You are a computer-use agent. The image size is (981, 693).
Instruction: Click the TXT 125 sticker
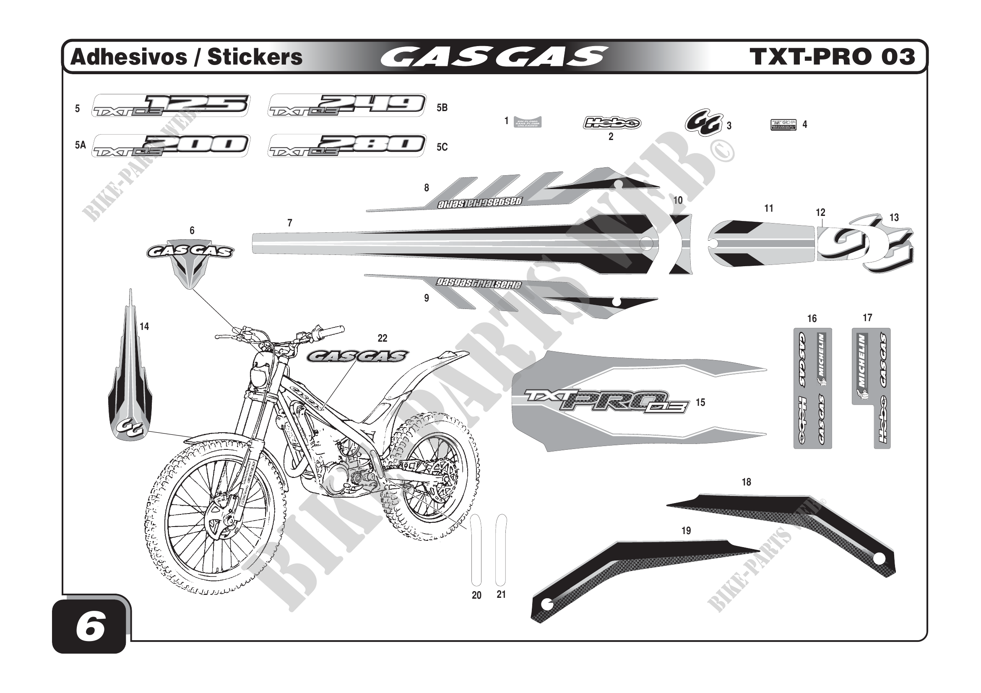(x=171, y=105)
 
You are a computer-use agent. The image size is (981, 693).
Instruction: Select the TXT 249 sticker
(x=347, y=105)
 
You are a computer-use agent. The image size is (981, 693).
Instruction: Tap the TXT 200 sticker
(x=171, y=145)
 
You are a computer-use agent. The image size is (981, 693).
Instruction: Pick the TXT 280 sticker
(x=347, y=145)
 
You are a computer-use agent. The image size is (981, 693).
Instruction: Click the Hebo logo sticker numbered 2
(x=611, y=123)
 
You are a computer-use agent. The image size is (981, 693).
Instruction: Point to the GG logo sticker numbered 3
(x=704, y=124)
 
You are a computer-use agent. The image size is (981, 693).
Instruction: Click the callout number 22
(x=383, y=338)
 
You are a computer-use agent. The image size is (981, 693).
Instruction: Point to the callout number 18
(x=747, y=482)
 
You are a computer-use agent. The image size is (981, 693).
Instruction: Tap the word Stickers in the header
(x=255, y=57)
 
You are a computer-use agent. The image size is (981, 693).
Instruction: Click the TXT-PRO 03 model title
(x=832, y=57)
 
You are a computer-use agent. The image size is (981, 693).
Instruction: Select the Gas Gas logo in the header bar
(x=494, y=57)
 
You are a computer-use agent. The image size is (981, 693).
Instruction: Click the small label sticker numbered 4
(x=783, y=125)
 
